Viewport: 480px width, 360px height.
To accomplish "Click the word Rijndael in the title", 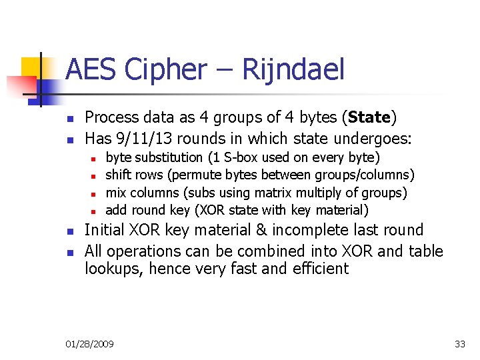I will point(293,69).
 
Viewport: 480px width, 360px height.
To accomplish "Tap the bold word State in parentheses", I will point(368,118).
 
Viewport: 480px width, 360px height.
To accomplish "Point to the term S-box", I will point(241,157).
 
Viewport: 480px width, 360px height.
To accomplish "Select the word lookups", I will point(109,269).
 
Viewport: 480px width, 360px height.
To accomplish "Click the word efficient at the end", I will point(319,269).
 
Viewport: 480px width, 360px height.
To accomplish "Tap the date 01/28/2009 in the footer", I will point(90,344).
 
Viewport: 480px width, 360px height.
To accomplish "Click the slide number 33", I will point(460,344).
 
